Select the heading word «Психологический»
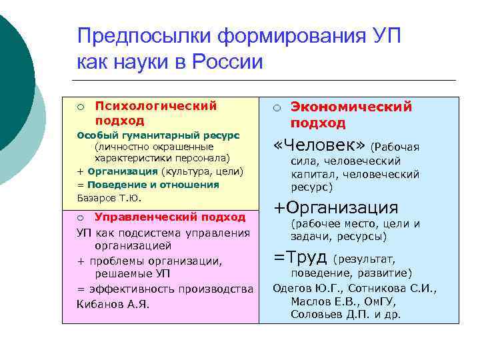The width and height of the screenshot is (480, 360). [x=156, y=105]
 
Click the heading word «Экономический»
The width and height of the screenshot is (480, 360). [x=351, y=107]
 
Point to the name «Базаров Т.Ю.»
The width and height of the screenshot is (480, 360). [x=109, y=198]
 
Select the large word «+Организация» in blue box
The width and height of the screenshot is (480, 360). [x=336, y=207]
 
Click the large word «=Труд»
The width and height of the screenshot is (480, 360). [x=301, y=257]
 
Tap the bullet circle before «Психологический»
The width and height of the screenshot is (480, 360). [x=80, y=106]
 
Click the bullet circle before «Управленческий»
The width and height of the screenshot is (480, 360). [x=80, y=217]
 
